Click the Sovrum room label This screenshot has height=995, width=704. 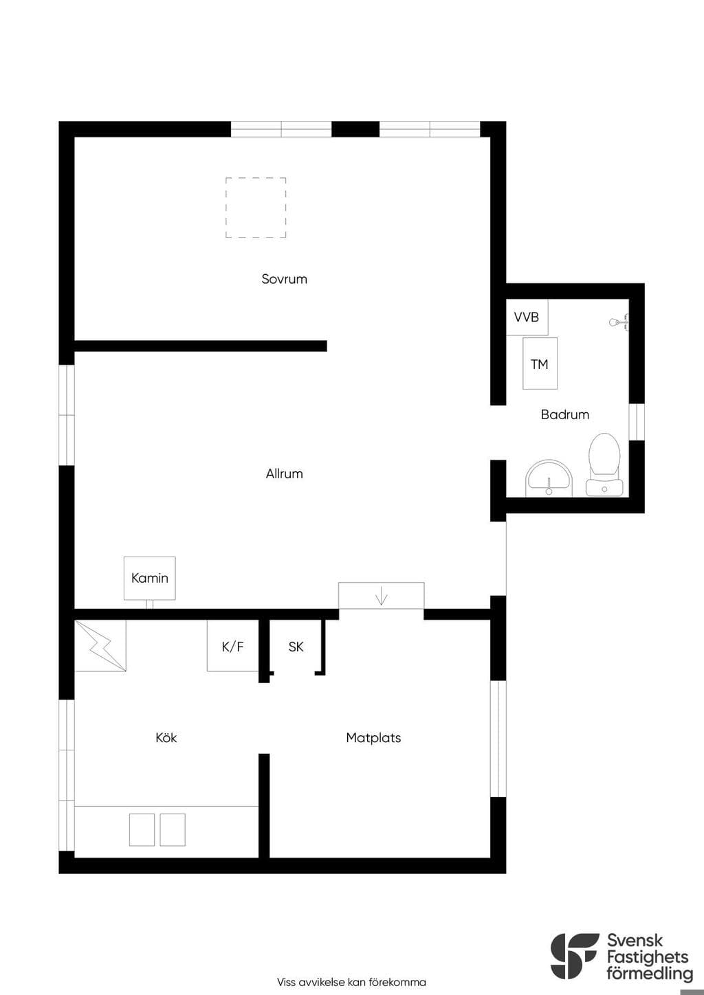(x=284, y=279)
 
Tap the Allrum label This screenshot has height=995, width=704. (x=285, y=474)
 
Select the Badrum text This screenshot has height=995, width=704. (x=565, y=414)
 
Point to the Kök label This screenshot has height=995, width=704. (x=166, y=738)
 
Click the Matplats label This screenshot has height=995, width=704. (x=373, y=738)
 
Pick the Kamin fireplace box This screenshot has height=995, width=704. (x=150, y=578)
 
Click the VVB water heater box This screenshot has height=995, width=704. (x=527, y=317)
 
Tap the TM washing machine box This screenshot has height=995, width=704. (x=540, y=364)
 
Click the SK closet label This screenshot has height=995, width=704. (x=296, y=647)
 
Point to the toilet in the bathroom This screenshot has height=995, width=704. (x=604, y=465)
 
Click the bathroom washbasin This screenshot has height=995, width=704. (x=549, y=478)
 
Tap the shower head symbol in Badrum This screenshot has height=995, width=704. (x=619, y=322)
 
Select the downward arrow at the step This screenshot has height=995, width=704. (x=382, y=596)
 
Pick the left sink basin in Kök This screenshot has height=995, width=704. (x=142, y=830)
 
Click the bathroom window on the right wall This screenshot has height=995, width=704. (x=637, y=422)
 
